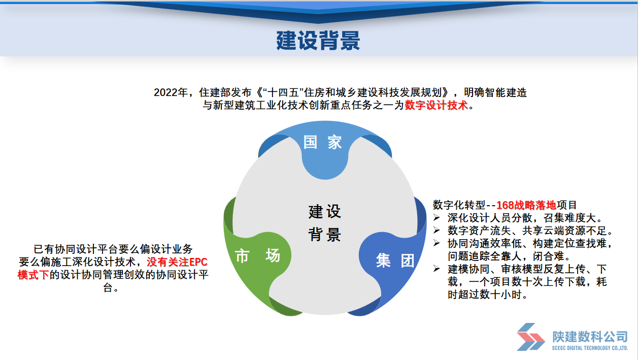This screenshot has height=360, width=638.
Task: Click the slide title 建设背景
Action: point(318,41)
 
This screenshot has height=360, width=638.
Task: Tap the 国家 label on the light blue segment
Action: point(322,142)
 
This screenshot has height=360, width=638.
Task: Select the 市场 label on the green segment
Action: point(257,255)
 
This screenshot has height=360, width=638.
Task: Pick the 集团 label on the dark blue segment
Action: point(395,260)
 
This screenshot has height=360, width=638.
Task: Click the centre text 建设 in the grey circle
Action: point(325,212)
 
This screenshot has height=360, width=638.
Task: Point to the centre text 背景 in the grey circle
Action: point(325,235)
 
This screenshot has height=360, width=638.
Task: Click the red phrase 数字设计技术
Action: point(436,105)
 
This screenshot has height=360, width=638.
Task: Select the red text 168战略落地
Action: point(526,205)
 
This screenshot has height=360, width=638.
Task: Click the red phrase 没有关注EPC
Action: point(177,262)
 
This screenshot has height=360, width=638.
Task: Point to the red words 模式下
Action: point(33,275)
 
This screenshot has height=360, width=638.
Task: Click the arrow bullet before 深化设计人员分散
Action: point(436,218)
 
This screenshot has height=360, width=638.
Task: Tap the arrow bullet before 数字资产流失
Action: point(436,231)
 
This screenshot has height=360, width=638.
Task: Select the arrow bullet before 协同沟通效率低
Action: point(436,243)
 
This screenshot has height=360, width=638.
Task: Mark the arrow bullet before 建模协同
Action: point(436,269)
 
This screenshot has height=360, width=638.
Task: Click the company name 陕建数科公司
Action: point(590,337)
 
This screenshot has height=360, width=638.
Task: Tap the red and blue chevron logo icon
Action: point(530,337)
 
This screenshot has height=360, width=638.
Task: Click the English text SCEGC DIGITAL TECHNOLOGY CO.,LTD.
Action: point(590,348)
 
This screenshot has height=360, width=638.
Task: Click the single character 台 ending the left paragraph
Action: point(108,287)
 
